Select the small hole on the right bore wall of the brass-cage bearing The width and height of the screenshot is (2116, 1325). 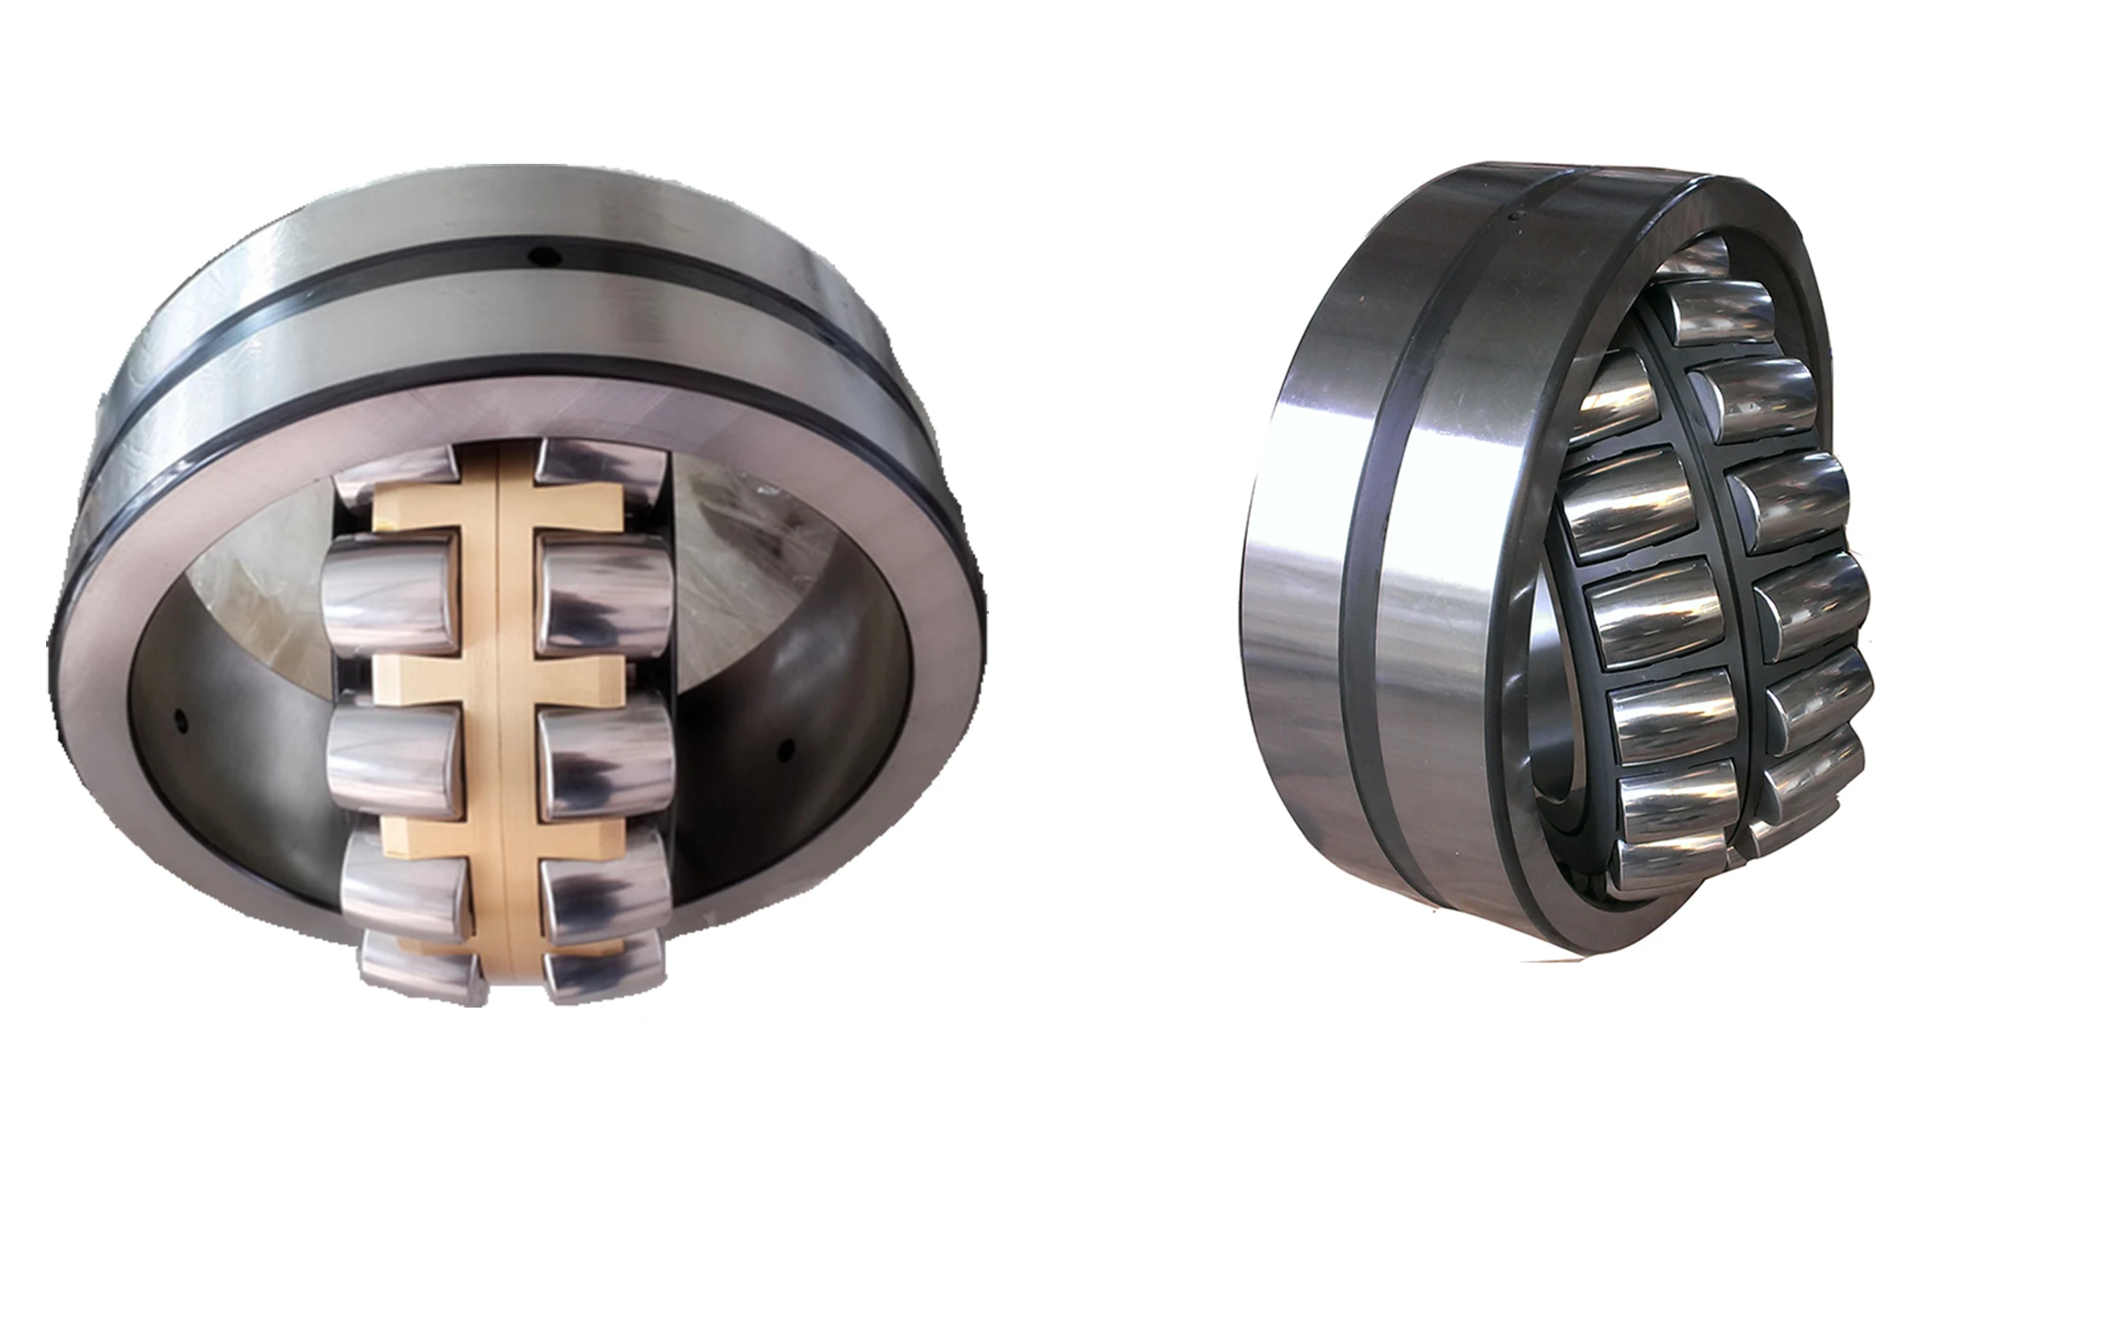pos(786,748)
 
